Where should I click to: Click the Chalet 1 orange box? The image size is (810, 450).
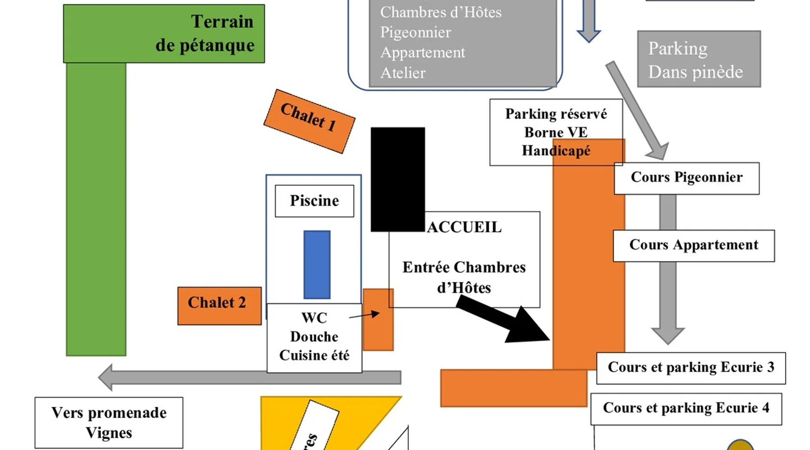(x=309, y=121)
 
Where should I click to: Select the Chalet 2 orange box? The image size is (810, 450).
(x=219, y=306)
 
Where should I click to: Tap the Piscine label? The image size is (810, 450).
(x=314, y=201)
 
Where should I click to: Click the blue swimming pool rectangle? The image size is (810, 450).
(x=317, y=265)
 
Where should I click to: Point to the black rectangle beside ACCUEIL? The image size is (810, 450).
(x=397, y=179)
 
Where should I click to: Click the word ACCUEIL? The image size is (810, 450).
(x=464, y=227)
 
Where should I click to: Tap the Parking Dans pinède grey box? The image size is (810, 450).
(x=698, y=59)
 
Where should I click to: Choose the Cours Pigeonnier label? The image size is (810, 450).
(x=686, y=178)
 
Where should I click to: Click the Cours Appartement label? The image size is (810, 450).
(x=693, y=245)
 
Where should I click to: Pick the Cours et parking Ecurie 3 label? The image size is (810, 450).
(x=691, y=368)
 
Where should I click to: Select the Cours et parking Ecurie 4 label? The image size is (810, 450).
(x=686, y=409)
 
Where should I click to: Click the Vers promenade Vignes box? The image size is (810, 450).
(x=109, y=423)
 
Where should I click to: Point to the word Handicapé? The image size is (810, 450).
(x=556, y=151)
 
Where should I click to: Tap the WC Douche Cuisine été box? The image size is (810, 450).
(x=314, y=337)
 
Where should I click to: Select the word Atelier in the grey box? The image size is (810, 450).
(x=403, y=73)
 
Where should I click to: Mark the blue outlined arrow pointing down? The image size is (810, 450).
(x=589, y=22)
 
